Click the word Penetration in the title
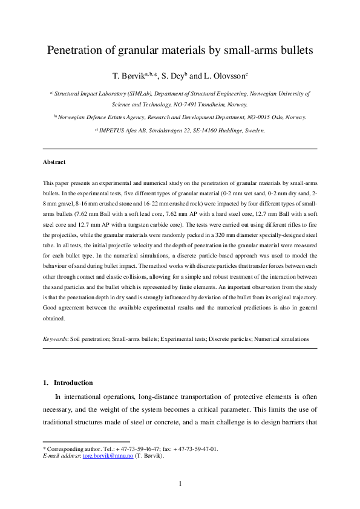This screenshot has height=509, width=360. [77, 51]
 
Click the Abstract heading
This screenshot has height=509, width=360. [54, 162]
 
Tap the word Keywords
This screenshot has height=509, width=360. [55, 340]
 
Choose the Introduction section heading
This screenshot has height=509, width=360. [73, 383]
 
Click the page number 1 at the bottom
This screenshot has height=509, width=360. [180, 483]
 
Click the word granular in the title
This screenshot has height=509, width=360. [143, 51]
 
